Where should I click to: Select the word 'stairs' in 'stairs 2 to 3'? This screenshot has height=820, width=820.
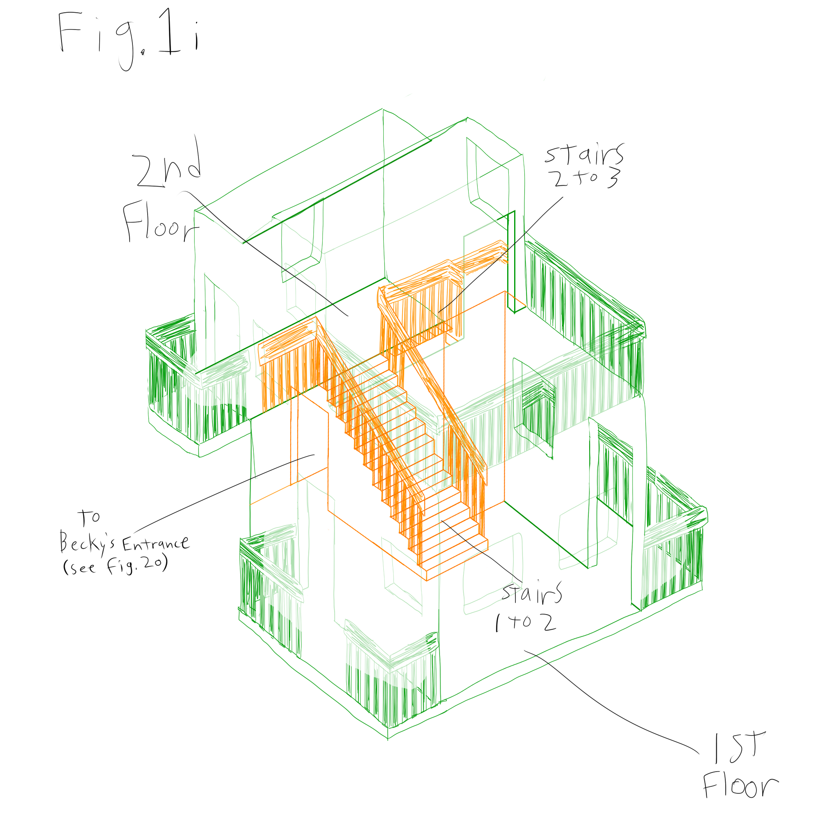point(585,155)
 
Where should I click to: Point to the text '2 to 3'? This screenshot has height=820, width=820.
point(586,178)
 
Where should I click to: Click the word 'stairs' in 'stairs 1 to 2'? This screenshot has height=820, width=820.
point(532,592)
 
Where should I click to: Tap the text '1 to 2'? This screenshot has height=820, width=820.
point(526,623)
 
